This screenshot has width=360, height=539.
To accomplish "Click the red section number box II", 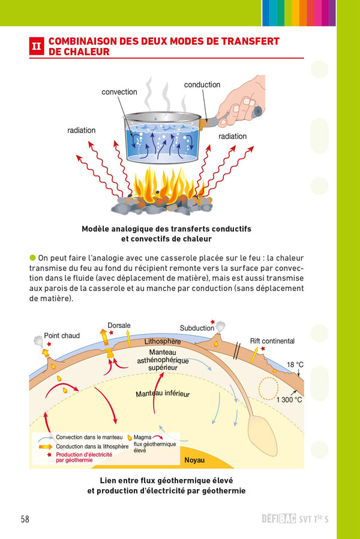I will tap(37, 47).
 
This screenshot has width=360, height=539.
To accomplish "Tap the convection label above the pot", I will tap(119, 92).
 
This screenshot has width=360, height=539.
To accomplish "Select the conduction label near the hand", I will tap(202, 85).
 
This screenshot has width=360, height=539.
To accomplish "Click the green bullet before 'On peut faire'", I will tap(32, 257).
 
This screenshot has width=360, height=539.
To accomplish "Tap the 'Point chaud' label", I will tap(62, 336).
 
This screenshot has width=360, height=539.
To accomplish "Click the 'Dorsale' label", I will tap(119, 326).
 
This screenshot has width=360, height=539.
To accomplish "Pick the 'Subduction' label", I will tap(197, 328).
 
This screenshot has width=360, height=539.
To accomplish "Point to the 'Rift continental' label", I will tap(272, 341).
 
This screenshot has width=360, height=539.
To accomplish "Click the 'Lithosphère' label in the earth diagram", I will tap(162, 342).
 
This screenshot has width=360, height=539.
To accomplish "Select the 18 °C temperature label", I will tap(295, 365).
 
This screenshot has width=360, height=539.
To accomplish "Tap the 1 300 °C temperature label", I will tap(289, 399).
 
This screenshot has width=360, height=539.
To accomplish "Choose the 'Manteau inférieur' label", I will tap(162, 394).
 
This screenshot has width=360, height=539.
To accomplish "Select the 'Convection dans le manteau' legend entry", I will tap(89, 438).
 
